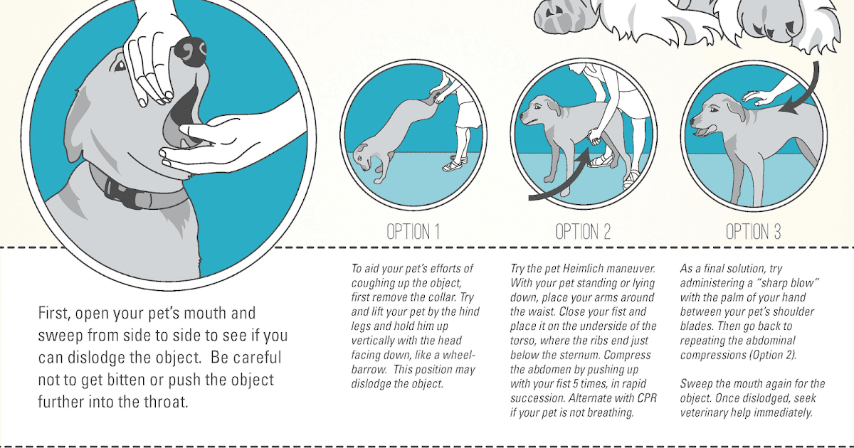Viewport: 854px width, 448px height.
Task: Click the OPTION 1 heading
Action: [413, 232]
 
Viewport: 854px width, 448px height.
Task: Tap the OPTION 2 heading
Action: [583, 232]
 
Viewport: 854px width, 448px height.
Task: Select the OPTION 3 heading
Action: [753, 232]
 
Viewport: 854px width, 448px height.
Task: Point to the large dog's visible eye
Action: [118, 65]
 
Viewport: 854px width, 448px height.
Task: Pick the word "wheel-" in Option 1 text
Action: [451, 355]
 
